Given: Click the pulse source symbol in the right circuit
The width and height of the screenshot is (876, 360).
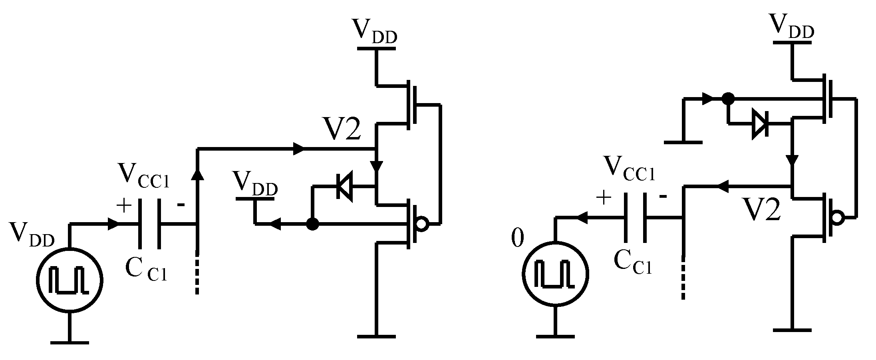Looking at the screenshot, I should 555,274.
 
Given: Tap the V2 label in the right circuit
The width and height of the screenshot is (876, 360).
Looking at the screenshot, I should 762,210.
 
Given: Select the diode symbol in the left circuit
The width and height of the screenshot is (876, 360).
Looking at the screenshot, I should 344,186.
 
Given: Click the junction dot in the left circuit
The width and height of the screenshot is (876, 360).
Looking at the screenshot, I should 312,225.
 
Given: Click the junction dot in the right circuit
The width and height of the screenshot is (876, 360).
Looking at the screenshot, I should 728,98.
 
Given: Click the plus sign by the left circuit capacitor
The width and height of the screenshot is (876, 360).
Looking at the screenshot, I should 124,206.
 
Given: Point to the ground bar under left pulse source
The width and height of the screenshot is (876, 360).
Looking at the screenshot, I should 70,342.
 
